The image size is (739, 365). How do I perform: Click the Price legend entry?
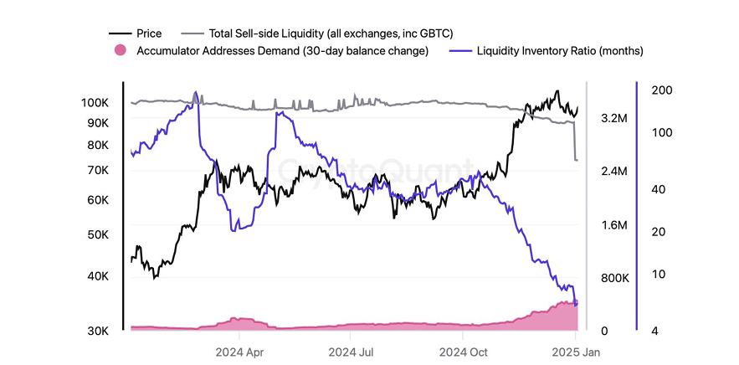(148, 33)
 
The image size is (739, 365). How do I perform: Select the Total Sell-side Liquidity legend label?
(331, 33)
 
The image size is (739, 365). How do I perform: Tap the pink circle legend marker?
(120, 51)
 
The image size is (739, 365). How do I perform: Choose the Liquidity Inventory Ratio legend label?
(560, 51)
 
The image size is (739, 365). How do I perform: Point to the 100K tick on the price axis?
(95, 102)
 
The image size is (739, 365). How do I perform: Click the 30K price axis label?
(98, 332)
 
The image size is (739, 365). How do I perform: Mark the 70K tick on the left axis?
(98, 170)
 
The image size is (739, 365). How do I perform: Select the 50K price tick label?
(98, 235)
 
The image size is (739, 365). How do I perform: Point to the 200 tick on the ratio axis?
(662, 90)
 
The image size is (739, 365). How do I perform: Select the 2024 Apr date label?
(240, 352)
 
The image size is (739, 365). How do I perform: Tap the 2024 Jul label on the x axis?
(352, 352)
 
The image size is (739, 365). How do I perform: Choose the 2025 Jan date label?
(576, 352)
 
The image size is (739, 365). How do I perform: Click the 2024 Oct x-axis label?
(464, 352)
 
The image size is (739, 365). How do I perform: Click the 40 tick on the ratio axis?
(658, 190)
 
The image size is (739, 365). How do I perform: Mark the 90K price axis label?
(98, 122)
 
